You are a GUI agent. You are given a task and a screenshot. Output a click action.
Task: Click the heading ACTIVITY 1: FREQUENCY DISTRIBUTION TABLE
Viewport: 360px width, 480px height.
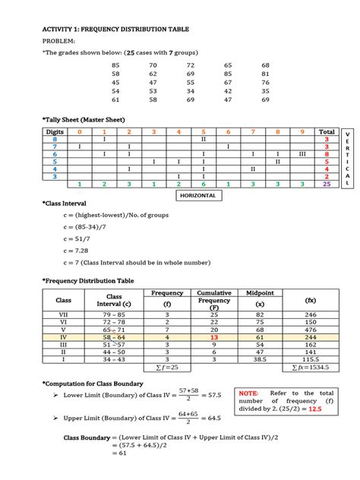coord(115,29)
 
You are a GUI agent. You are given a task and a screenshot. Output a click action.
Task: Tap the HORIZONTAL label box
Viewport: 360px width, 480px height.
coord(199,195)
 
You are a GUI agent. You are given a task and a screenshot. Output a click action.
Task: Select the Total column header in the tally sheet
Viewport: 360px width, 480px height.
coord(326,131)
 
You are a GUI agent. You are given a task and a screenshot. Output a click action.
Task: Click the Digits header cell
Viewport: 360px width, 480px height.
coord(55,131)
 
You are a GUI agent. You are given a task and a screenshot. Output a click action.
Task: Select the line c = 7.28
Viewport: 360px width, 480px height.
coord(77,250)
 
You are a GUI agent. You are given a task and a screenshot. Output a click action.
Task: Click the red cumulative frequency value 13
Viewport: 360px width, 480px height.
coord(214,338)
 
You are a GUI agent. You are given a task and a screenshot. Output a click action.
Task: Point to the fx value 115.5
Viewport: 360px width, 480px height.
coord(311,359)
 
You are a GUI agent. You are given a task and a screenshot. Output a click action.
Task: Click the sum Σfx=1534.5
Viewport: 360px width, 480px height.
coord(310,368)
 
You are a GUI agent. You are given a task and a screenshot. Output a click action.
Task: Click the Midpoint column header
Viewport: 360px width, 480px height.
coord(261,292)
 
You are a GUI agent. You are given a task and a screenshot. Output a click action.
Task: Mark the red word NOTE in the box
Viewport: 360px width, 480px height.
coord(249,393)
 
